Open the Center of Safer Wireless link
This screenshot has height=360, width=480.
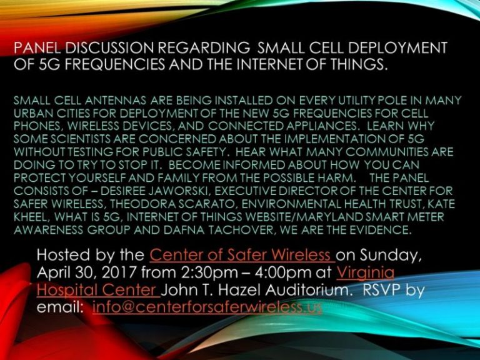pyautogui.click(x=242, y=255)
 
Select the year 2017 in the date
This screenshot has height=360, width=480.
pyautogui.click(x=119, y=272)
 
